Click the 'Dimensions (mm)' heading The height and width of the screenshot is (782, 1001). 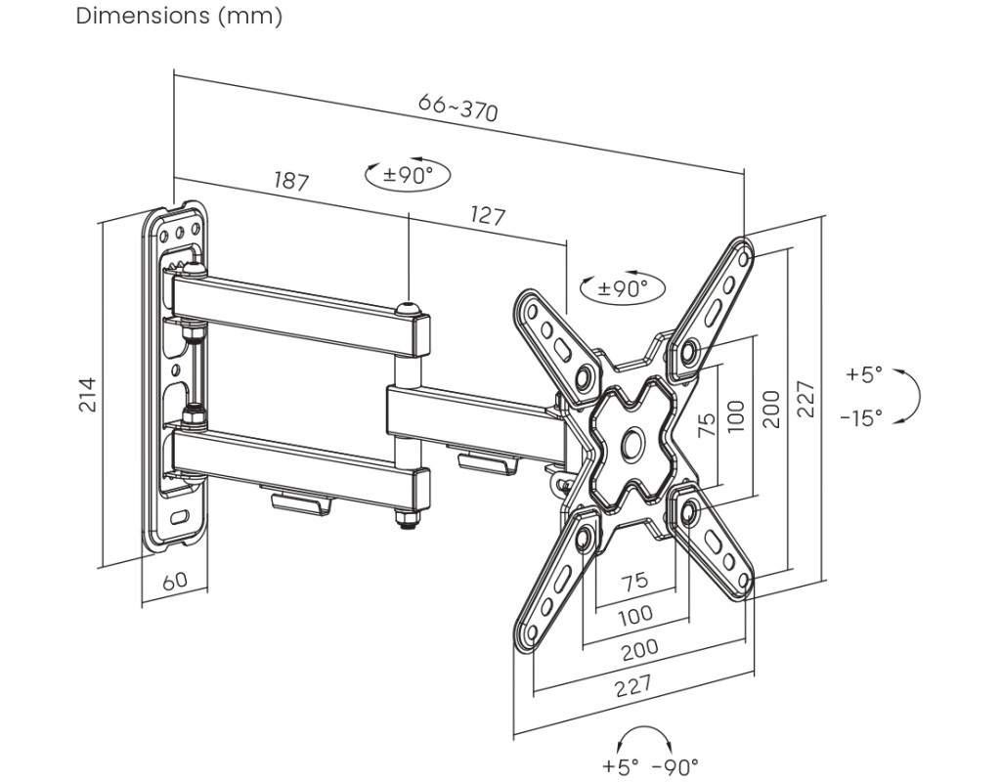point(179,16)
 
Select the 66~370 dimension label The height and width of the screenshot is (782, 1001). point(457,107)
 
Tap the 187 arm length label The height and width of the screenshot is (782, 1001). point(291,181)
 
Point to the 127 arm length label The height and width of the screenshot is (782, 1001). point(488,215)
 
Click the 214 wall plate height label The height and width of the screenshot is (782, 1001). point(87,395)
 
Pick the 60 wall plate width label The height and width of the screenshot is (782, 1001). point(175,581)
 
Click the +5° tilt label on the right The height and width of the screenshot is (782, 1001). point(864,373)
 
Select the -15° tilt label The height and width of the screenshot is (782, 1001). point(861,418)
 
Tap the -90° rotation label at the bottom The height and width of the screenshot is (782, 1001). point(675,765)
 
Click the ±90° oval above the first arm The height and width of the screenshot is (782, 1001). point(408,174)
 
